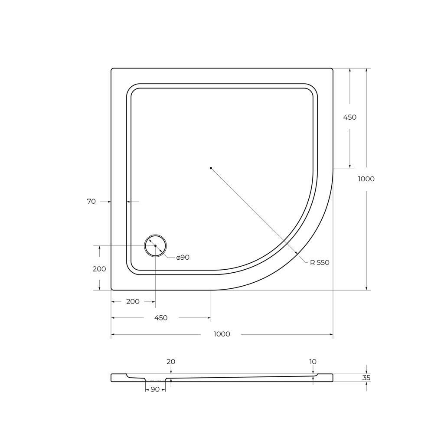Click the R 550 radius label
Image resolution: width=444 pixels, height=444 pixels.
point(320,262)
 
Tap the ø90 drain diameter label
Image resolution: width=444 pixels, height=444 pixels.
point(183,258)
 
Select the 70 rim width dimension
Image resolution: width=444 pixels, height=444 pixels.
point(91,201)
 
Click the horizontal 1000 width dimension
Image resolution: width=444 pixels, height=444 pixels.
point(222,334)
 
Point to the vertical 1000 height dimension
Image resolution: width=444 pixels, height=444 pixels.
point(366,179)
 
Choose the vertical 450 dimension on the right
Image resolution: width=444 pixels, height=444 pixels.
point(350,117)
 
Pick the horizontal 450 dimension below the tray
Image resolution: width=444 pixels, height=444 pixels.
point(161,318)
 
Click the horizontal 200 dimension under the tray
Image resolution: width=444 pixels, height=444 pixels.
point(133,302)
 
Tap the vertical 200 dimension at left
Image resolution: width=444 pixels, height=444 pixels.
point(99,269)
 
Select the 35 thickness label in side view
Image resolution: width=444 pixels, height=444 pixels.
point(366,378)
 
